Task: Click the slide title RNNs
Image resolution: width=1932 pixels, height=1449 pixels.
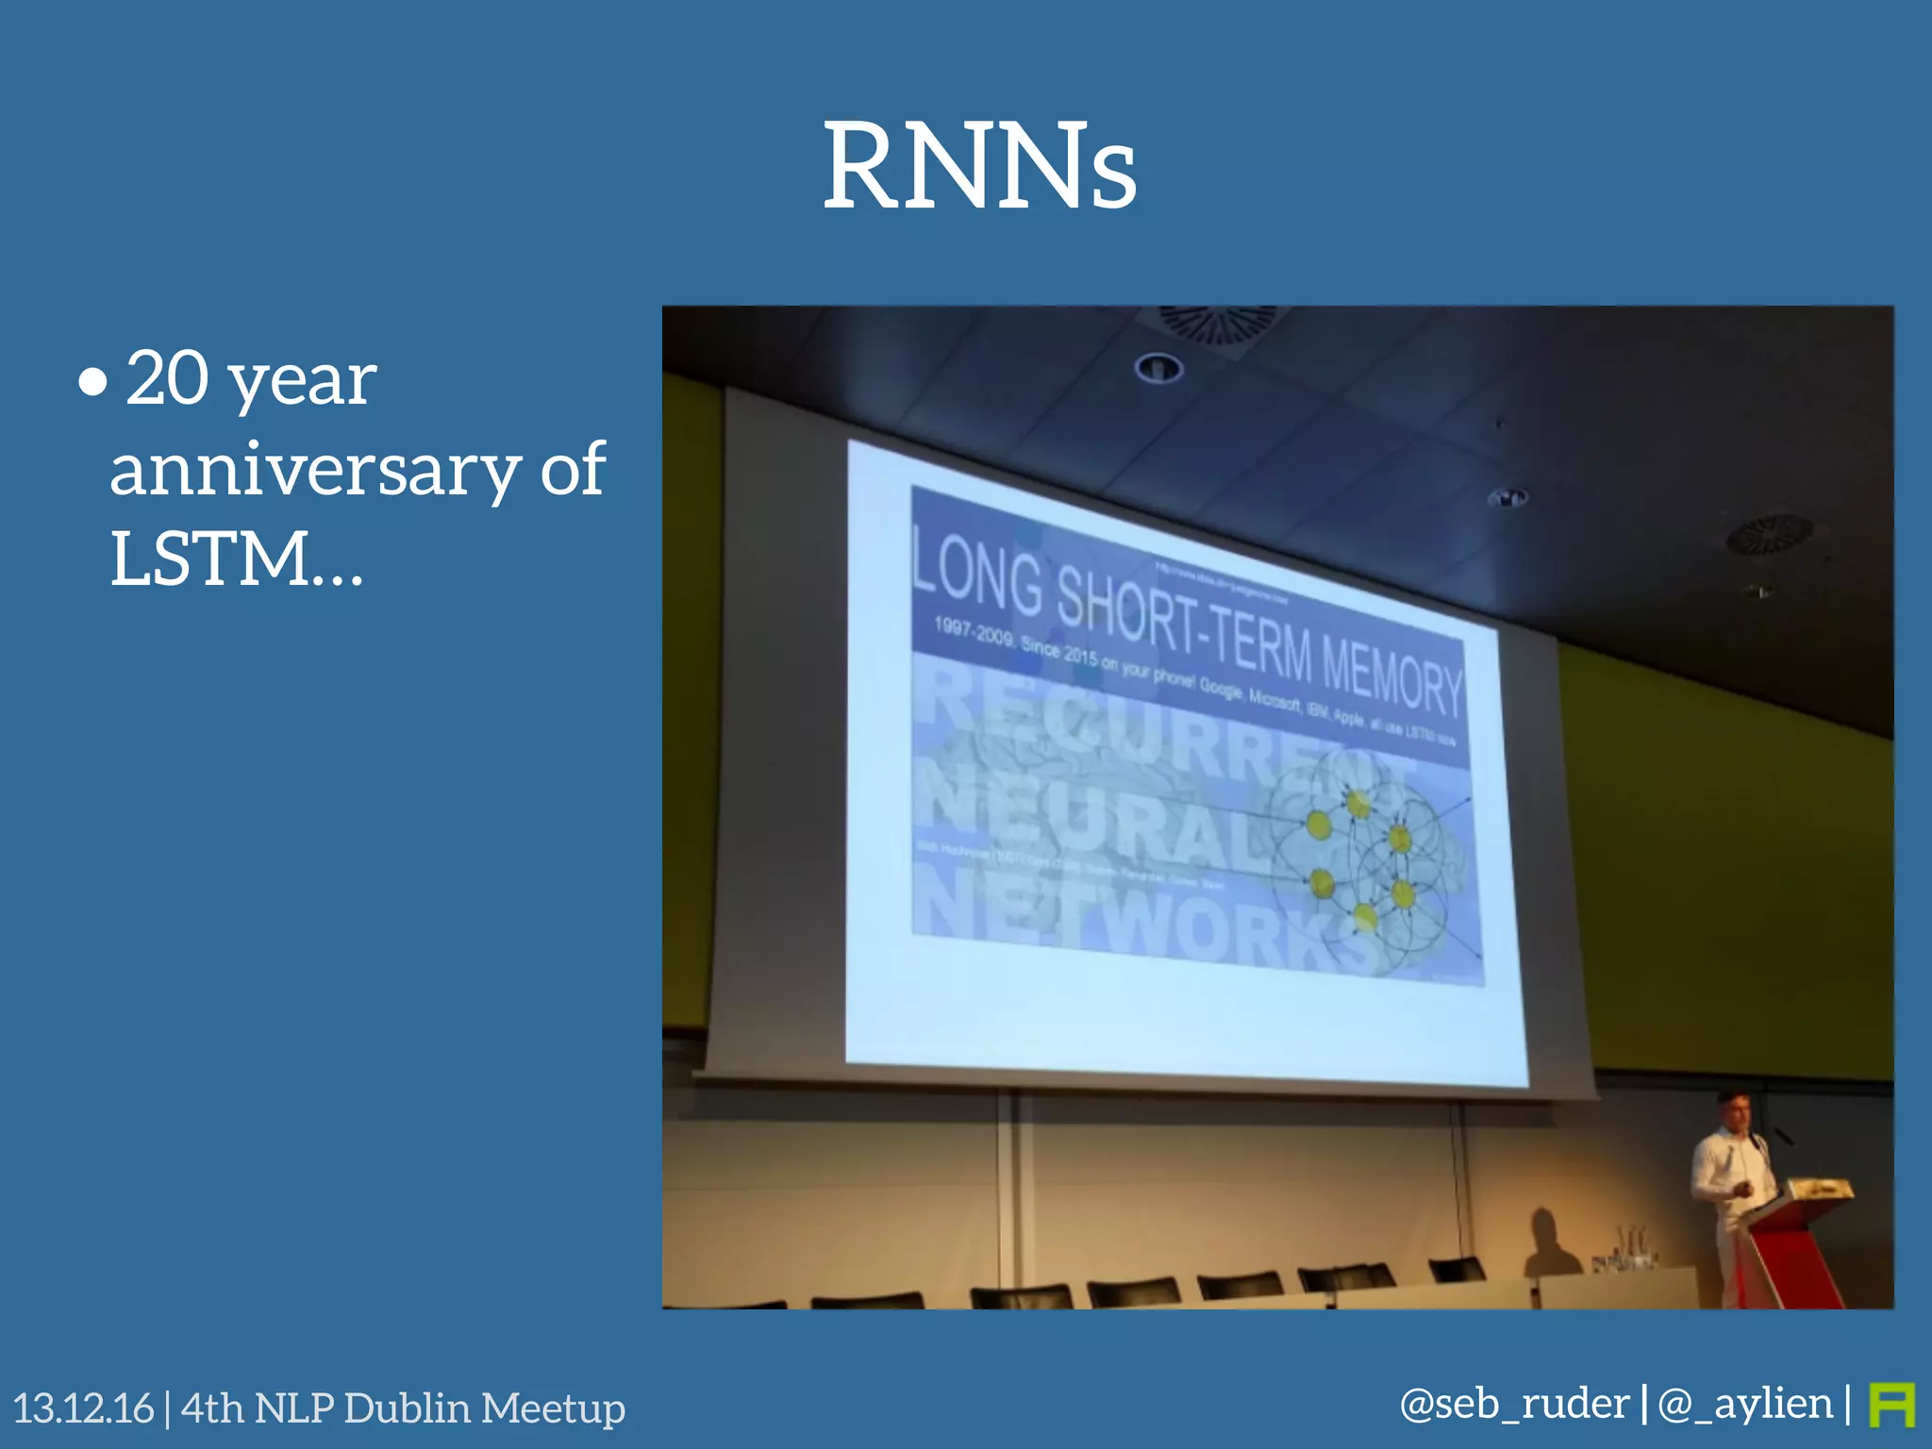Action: pos(979,167)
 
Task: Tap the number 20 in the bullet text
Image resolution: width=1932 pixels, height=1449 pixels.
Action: pos(167,378)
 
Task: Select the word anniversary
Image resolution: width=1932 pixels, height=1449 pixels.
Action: pos(315,469)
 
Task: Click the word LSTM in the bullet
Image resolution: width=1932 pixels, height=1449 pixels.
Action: pos(209,558)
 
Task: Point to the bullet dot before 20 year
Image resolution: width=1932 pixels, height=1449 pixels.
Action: pos(92,383)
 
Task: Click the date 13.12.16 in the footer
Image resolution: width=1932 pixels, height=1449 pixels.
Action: pos(83,1408)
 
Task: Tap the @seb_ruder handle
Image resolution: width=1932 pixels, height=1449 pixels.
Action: pos(1514,1404)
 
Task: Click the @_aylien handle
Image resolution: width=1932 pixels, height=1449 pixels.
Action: pos(1745,1404)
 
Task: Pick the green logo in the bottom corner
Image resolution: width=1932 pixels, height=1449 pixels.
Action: pos(1891,1406)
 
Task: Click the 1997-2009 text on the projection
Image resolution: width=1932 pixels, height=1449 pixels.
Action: pos(972,630)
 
